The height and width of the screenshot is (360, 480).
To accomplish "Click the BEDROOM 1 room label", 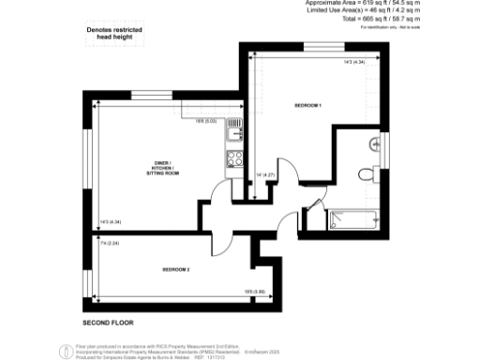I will pyautogui.click(x=308, y=105).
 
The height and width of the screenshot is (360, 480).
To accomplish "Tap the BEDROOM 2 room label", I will pyautogui.click(x=175, y=270).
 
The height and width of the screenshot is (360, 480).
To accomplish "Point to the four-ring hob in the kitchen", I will pyautogui.click(x=234, y=158).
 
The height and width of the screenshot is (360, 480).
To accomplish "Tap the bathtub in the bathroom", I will pyautogui.click(x=352, y=221).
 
